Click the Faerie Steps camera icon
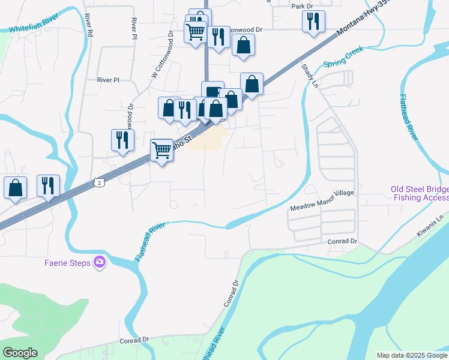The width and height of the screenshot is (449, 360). point(100,262)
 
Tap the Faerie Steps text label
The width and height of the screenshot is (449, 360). point(67,262)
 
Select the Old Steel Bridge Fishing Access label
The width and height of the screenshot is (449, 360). point(419,193)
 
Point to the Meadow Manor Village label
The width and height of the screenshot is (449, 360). point(322,207)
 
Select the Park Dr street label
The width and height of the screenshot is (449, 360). point(303,6)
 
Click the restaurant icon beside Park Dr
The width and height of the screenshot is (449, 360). point(313,22)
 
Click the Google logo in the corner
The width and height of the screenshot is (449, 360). point(20,353)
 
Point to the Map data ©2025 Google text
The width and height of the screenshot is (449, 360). point(412,355)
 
